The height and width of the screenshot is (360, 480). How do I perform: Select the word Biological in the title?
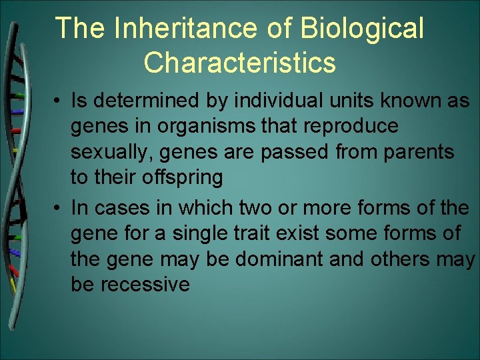[363, 29]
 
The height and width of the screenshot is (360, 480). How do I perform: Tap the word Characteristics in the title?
[239, 63]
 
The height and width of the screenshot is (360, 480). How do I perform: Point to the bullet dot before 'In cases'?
[60, 208]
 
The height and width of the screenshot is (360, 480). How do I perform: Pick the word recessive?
[145, 284]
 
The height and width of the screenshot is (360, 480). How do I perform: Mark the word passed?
[297, 152]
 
